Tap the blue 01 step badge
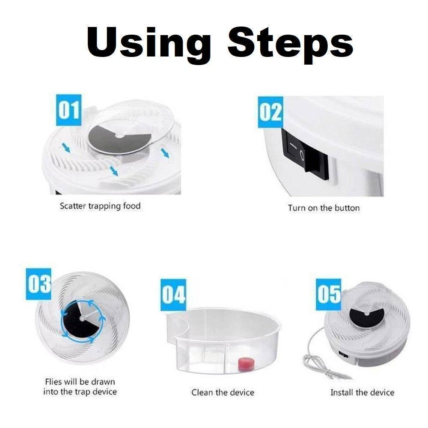68,110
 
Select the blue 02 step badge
270,112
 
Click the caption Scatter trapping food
100,206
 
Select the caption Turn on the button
324,208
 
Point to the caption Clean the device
223,392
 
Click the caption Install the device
362,392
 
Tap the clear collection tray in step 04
223,342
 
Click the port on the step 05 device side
343,354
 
